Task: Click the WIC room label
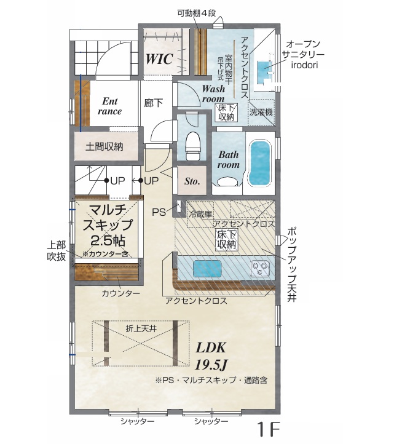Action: (x=159, y=59)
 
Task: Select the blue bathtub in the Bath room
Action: (x=259, y=163)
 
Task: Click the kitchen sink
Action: (x=207, y=269)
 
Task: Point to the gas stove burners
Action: (x=260, y=269)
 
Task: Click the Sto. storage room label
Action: (x=192, y=181)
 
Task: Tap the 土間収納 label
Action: (x=104, y=147)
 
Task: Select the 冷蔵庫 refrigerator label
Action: (x=200, y=215)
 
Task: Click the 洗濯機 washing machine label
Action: (x=261, y=112)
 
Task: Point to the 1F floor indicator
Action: (x=269, y=429)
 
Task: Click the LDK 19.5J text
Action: (x=211, y=356)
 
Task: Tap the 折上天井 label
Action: (x=141, y=329)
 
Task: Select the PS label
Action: (x=159, y=212)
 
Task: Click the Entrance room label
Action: (x=109, y=106)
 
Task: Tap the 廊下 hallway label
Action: (x=153, y=103)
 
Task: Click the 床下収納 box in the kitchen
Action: (x=226, y=240)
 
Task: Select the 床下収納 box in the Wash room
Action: (x=226, y=113)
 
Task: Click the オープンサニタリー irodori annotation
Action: (x=303, y=54)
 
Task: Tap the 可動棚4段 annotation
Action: (x=197, y=14)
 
